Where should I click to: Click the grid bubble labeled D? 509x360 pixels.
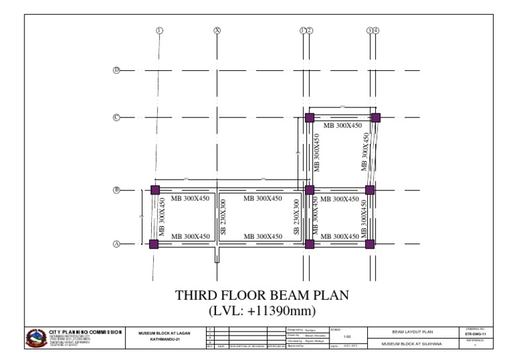[x=116, y=70]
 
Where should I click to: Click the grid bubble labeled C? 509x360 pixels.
[x=116, y=117]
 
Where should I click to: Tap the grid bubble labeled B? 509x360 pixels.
[x=116, y=190]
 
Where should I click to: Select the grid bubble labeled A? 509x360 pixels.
[x=116, y=244]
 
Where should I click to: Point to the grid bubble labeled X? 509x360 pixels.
[x=217, y=30]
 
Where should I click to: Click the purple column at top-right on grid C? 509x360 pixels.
[x=376, y=117]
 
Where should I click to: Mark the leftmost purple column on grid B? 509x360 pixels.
[x=155, y=190]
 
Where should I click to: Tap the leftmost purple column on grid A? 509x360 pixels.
[x=154, y=244]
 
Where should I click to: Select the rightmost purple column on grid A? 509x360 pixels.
[x=370, y=244]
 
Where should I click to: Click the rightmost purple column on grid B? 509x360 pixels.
[x=370, y=190]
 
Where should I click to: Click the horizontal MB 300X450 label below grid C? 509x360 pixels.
[x=342, y=125]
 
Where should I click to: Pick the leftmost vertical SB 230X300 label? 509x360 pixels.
[x=223, y=217]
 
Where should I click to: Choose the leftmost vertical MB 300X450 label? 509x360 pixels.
[x=162, y=217]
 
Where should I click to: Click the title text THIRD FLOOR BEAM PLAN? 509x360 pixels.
[x=261, y=295]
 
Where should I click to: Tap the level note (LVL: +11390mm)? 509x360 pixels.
[x=262, y=310]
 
